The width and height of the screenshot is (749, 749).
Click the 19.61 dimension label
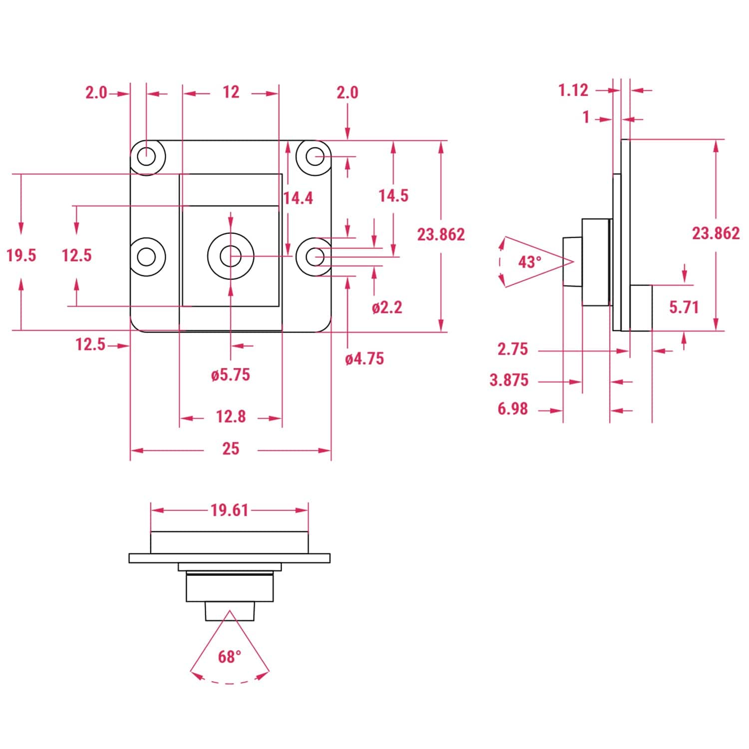229,510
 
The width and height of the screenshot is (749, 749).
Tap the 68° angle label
229,656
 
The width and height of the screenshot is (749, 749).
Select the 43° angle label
529,262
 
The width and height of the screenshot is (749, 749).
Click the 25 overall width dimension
230,449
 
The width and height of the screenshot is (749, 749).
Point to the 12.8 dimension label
230,416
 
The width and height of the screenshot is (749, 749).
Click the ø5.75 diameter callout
230,374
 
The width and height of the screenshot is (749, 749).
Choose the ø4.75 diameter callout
365,359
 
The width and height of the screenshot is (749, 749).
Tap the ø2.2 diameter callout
386,307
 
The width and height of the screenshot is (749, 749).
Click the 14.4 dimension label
298,198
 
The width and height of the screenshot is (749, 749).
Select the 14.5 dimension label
393,196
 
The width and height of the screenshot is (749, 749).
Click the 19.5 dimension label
21,255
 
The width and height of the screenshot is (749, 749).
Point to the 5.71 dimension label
684,307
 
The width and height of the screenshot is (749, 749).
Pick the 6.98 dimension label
512,409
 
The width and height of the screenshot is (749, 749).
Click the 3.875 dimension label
509,380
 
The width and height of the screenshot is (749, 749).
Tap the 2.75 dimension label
512,349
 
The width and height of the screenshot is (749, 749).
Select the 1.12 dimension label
573,90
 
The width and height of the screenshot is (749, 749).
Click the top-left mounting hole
146,157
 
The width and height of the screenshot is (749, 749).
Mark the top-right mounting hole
315,157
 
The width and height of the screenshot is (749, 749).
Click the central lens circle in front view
230,256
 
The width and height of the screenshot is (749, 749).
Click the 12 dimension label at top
231,92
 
